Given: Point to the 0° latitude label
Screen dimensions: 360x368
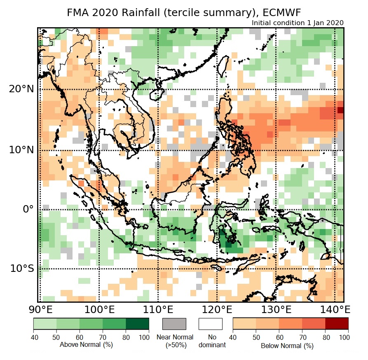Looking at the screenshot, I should pos(27,209).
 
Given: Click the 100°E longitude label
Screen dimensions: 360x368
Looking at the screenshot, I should pos(99,309).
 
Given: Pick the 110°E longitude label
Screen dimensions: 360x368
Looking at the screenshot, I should pos(158,309).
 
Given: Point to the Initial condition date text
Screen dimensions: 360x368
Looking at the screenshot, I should pos(297,23).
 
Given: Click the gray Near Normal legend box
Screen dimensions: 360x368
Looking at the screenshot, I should pos(174,324).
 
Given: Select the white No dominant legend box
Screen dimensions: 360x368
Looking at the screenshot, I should pos(210,324).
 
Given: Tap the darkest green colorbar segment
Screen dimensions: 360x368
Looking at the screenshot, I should pos(138,324).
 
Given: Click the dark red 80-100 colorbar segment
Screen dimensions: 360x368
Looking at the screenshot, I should pos(337,324).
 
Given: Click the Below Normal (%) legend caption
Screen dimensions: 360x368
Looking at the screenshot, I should pos(287,346).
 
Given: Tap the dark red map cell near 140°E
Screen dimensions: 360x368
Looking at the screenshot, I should pos(340,110).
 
